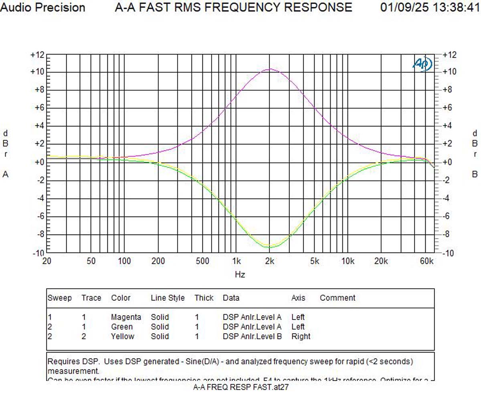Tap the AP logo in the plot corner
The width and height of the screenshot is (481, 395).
point(422,64)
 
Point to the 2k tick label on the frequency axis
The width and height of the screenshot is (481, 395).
point(269,261)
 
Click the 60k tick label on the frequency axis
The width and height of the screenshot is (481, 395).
point(426,261)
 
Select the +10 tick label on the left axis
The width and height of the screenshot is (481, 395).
point(37,72)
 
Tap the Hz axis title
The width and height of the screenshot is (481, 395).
point(240,275)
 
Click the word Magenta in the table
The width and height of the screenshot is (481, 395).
point(126,317)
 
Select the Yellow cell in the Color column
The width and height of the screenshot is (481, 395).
point(123,336)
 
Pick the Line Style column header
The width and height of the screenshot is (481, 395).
point(168,298)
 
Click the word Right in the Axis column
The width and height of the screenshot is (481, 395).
point(301,336)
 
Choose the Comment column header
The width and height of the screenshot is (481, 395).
point(338,298)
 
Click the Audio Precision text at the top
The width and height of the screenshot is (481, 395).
point(42,8)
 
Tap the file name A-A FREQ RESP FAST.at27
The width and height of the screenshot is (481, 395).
point(241,387)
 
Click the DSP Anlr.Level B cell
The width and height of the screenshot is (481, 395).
point(252,336)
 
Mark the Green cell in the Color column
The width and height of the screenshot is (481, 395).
point(121,327)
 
